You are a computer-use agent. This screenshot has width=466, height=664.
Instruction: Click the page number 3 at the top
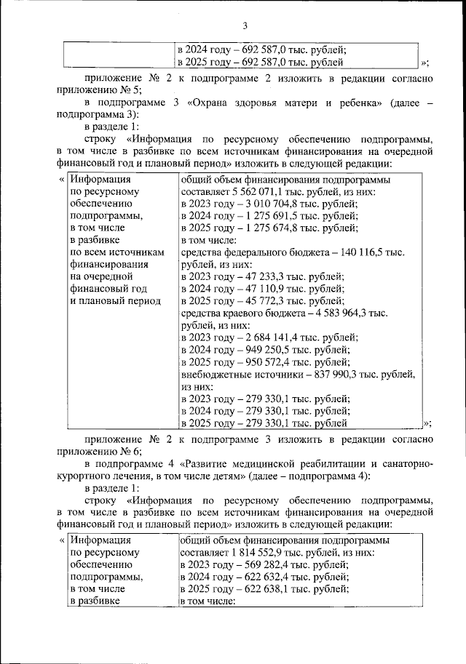tap(234, 26)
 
